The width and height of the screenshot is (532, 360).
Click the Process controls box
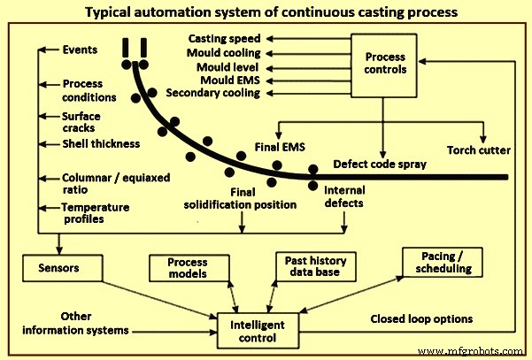[385, 63]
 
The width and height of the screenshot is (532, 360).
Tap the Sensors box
[58, 266]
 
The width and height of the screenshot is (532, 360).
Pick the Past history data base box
[315, 267]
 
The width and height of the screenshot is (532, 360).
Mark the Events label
[80, 50]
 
